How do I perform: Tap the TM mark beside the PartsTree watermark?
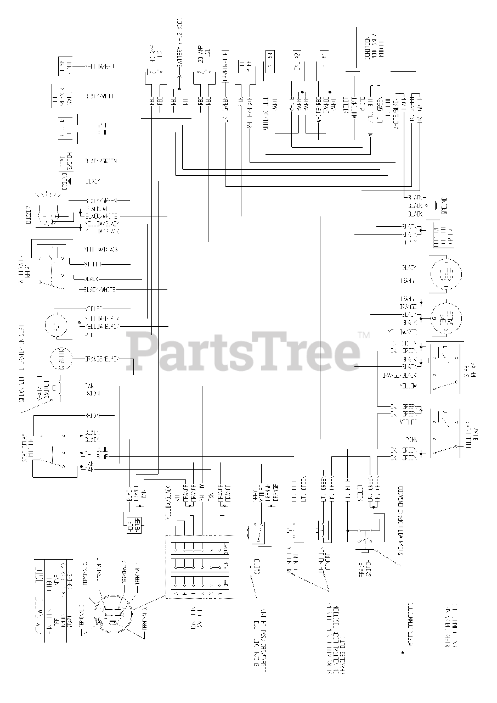coord(363,335)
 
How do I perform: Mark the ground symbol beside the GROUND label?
coord(435,205)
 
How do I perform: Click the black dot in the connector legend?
coord(403,653)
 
